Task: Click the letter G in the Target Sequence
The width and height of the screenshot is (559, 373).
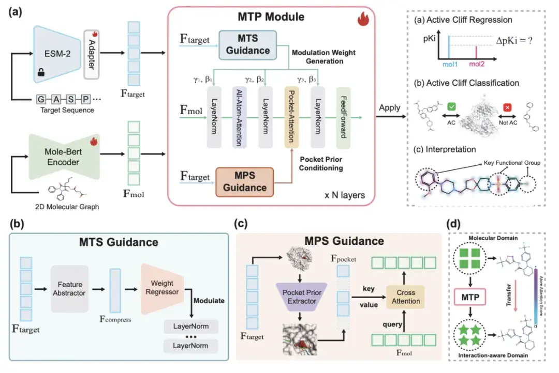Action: (41, 98)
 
